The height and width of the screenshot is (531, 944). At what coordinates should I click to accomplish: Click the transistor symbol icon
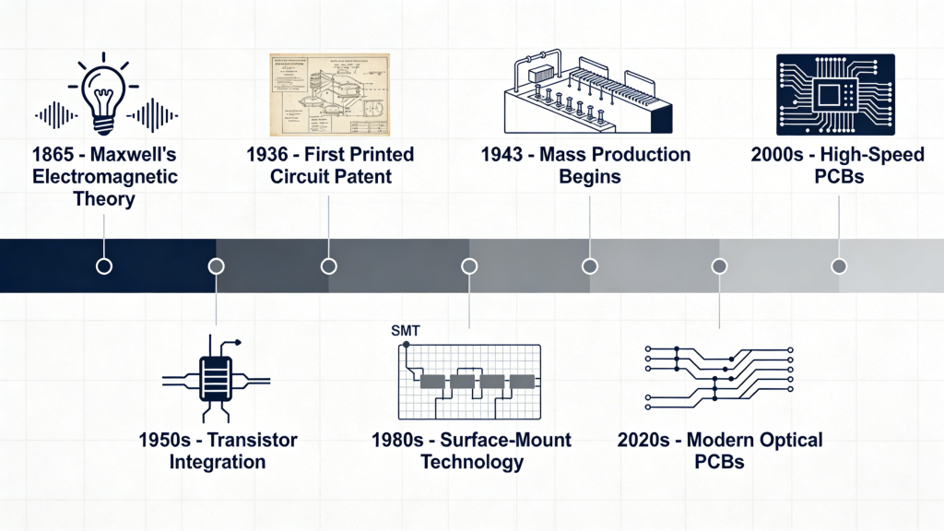point(216,379)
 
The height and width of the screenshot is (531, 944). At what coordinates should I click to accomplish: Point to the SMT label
point(406,330)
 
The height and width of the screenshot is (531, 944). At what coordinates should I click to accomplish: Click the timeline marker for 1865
point(104,266)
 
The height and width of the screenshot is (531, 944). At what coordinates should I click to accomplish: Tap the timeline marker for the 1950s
point(216,266)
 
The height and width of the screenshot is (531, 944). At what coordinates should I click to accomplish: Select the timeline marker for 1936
point(328,266)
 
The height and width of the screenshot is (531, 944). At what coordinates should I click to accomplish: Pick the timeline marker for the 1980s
point(469,266)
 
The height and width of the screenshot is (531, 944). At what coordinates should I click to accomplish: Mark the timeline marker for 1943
point(590,266)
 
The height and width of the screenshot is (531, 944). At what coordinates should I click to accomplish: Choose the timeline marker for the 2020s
point(719,266)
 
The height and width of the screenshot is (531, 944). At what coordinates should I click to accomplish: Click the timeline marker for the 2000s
point(839,266)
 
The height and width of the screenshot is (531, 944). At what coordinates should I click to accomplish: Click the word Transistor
point(252,440)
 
